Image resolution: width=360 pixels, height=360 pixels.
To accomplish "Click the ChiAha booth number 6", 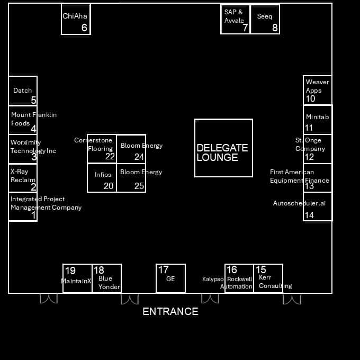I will [x=76, y=20].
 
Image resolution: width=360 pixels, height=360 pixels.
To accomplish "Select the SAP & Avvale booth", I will [x=235, y=19].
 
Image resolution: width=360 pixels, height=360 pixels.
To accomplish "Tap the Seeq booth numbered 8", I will [x=265, y=19].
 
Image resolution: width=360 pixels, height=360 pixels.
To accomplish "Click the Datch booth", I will [x=23, y=91].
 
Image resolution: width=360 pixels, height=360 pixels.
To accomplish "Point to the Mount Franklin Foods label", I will [x=33, y=119].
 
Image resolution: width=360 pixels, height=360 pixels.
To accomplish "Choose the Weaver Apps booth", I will [x=317, y=90].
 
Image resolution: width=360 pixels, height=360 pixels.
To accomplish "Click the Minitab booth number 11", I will [x=317, y=120].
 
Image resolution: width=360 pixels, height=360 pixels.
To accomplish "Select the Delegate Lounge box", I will [x=223, y=148].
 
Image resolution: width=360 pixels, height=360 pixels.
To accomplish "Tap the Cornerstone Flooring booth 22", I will [x=102, y=149].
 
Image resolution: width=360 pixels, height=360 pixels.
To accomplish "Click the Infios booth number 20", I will [x=102, y=178].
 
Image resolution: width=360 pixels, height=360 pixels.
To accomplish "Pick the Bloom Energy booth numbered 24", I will [x=131, y=149].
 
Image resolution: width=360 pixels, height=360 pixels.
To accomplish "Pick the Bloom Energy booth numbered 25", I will [x=131, y=178].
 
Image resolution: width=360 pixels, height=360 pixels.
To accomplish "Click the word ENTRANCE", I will [x=170, y=311].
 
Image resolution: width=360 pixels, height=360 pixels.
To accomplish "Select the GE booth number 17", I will [x=170, y=278].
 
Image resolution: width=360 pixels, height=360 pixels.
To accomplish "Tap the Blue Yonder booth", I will [x=107, y=278].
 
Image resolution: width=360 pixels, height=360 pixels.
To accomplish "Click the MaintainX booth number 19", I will [x=77, y=278].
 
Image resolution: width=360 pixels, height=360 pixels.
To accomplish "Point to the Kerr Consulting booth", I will [x=268, y=278].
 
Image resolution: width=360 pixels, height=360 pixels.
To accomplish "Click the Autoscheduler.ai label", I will [x=299, y=203].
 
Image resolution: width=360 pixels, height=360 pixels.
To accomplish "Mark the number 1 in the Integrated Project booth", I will [x=33, y=215].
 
